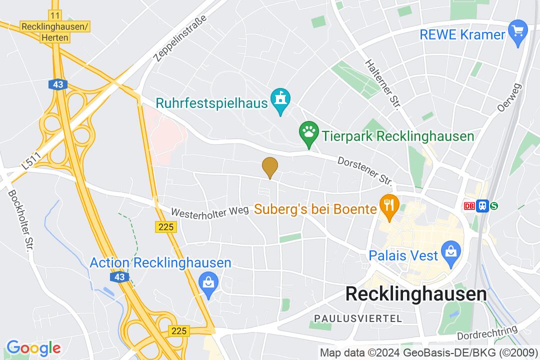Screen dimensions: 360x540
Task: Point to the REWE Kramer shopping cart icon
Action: point(518,31)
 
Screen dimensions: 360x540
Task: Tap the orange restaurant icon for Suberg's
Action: point(388,205)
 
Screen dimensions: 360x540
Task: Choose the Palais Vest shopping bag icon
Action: point(451,251)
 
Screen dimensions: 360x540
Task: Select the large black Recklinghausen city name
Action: point(416,294)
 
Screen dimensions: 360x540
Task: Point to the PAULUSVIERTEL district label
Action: point(357,318)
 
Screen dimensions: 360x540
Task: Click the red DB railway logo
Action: point(469,206)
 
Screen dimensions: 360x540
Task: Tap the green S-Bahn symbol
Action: point(494,206)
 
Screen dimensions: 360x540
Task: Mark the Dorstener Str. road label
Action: point(364,170)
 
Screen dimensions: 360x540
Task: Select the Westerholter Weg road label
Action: point(209,211)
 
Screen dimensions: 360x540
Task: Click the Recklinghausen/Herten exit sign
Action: point(55,30)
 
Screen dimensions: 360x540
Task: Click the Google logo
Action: point(33,347)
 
